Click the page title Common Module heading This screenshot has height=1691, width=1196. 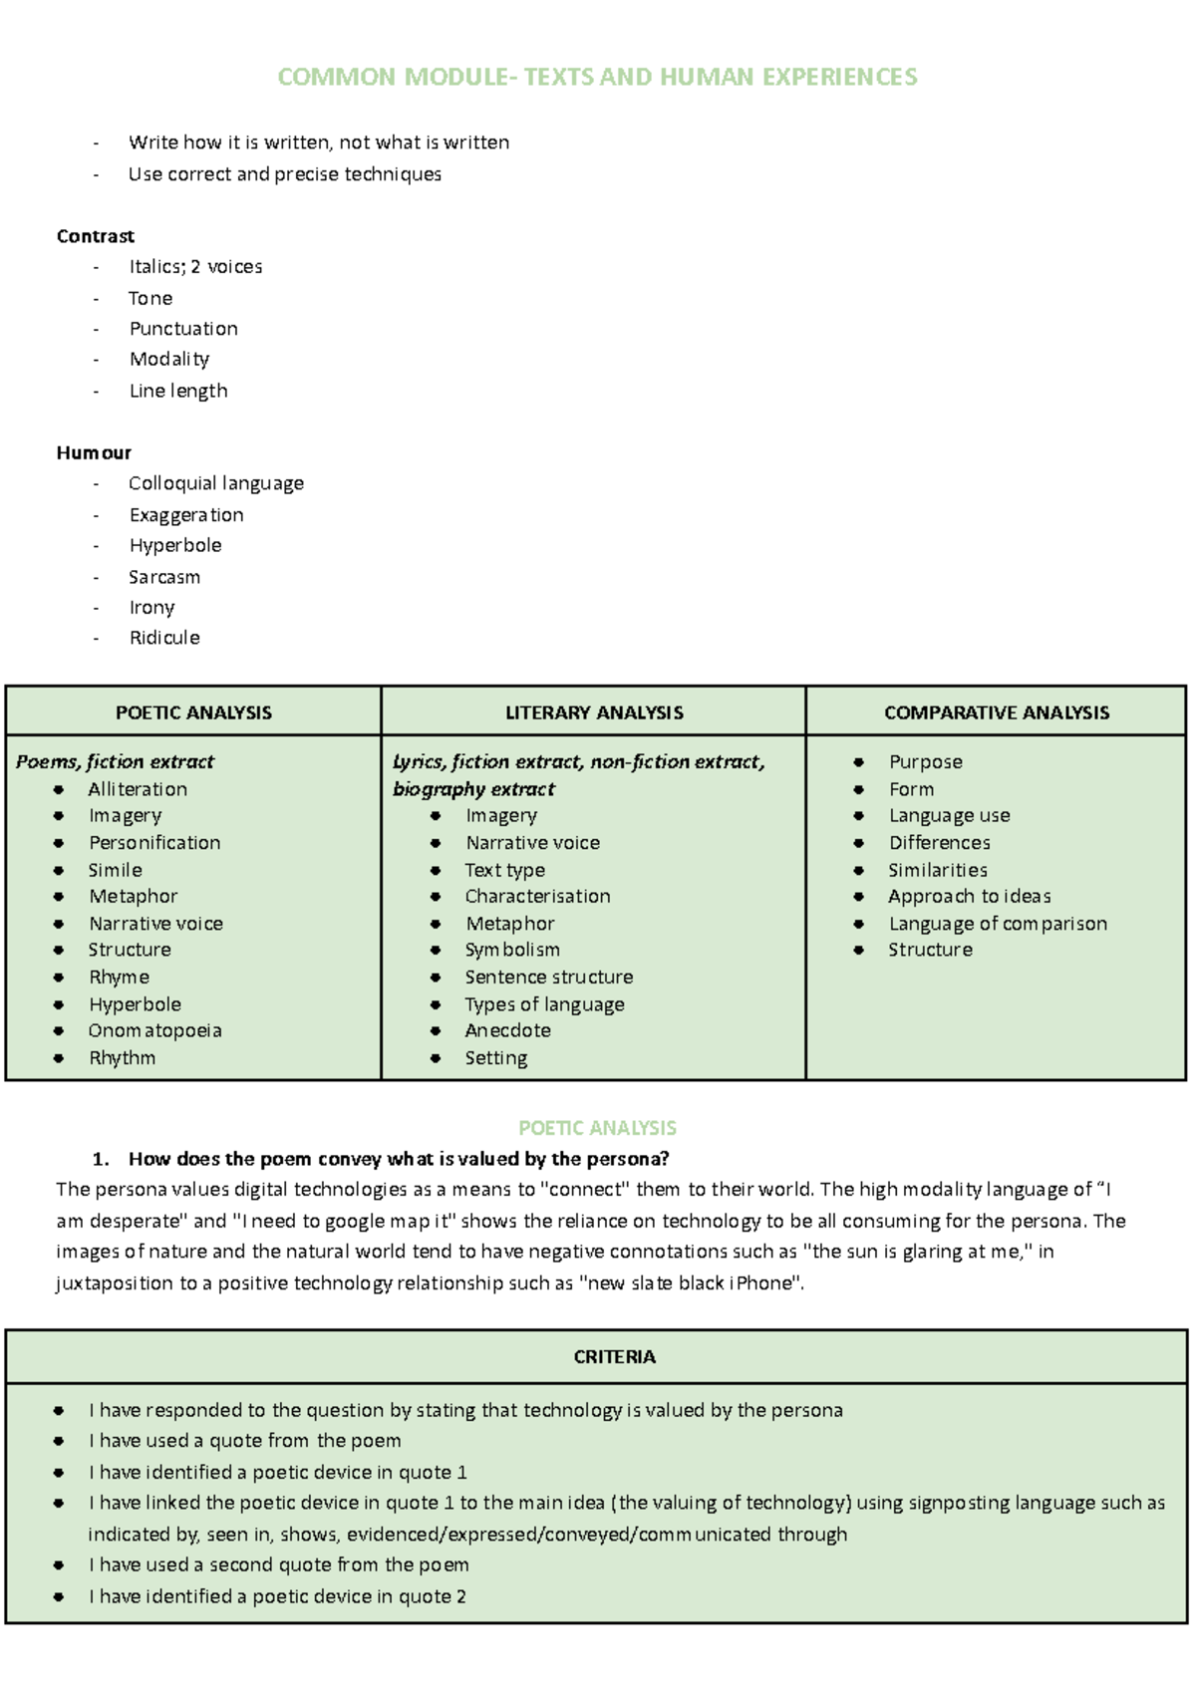tap(597, 77)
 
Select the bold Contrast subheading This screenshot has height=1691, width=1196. tap(95, 236)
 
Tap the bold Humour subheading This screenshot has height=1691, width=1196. tap(94, 452)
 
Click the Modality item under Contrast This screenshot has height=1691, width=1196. tap(168, 359)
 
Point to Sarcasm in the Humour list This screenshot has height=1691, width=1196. tap(163, 577)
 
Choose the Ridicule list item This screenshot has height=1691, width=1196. tap(163, 638)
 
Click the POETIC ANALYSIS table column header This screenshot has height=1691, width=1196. tap(193, 712)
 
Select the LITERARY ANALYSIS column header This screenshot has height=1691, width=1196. tap(594, 712)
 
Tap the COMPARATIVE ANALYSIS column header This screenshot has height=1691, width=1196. tap(996, 712)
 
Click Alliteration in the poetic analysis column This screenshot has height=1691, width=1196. tap(138, 789)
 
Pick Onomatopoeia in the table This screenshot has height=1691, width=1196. tap(154, 1030)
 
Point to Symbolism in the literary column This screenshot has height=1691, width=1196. tap(512, 950)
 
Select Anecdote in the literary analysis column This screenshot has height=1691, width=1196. tap(507, 1030)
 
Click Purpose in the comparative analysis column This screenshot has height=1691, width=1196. tap(925, 762)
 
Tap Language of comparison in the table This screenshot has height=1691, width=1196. tap(997, 924)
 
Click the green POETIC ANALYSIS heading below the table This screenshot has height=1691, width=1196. tap(597, 1128)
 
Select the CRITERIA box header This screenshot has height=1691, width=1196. tap(614, 1357)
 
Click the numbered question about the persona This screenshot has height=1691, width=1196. tap(399, 1159)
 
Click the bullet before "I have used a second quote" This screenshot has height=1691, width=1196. tap(59, 1565)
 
